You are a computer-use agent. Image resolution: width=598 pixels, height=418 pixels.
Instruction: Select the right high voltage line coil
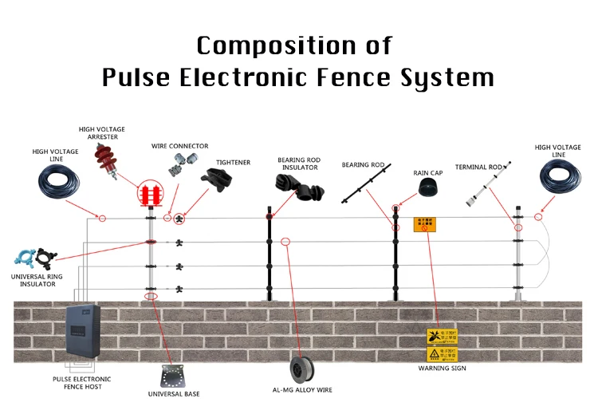click(x=562, y=177)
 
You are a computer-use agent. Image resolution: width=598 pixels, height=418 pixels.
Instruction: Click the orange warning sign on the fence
click(x=424, y=224)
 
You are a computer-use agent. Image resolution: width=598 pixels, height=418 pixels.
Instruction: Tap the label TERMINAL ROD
click(x=478, y=167)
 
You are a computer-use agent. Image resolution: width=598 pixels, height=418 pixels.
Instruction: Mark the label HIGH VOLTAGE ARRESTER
click(x=101, y=133)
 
